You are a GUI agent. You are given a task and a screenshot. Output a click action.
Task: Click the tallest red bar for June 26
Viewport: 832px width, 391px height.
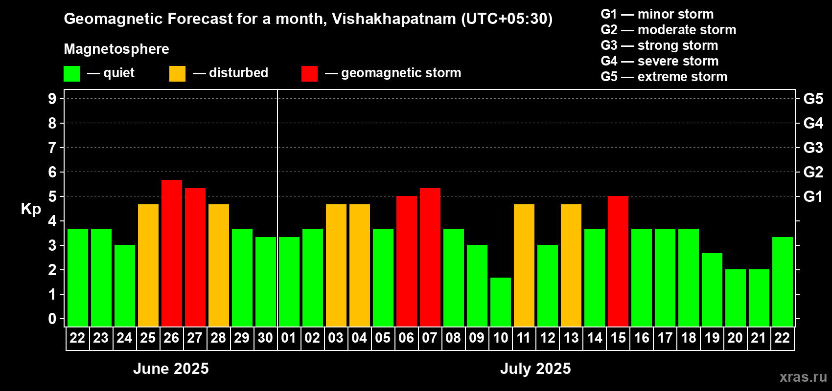172,253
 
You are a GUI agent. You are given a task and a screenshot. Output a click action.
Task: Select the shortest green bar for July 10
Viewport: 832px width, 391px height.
501,302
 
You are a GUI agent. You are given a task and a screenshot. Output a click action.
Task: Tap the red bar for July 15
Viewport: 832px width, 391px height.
618,261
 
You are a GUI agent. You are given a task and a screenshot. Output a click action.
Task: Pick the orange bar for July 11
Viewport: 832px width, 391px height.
524,265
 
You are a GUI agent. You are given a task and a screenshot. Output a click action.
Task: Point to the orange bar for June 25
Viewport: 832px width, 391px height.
148,265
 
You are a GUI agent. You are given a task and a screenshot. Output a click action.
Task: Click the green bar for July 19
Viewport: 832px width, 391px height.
712,289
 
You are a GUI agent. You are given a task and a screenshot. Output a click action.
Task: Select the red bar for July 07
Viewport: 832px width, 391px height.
430,257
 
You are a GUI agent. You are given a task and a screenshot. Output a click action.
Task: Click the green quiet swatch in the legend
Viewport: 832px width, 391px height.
72,74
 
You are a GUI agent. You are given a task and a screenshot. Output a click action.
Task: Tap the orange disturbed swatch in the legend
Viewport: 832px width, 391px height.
177,74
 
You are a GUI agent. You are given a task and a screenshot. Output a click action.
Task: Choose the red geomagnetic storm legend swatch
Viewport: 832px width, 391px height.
309,74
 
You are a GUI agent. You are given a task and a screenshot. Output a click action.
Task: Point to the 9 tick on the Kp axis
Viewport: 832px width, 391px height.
52,99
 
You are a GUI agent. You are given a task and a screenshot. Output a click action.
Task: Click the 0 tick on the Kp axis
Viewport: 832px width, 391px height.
52,319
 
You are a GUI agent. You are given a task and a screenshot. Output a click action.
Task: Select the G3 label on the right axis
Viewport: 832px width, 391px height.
813,148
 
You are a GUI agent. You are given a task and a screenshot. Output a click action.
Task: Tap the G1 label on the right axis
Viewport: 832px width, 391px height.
813,196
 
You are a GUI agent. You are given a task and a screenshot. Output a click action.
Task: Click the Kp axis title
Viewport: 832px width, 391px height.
31,209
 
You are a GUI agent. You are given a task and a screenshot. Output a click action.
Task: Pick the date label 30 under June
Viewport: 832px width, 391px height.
265,338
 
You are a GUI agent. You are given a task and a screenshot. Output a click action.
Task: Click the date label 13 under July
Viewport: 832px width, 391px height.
571,338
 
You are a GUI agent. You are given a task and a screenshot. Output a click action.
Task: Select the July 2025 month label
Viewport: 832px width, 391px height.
535,369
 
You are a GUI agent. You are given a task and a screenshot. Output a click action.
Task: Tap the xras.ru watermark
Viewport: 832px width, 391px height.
803,377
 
